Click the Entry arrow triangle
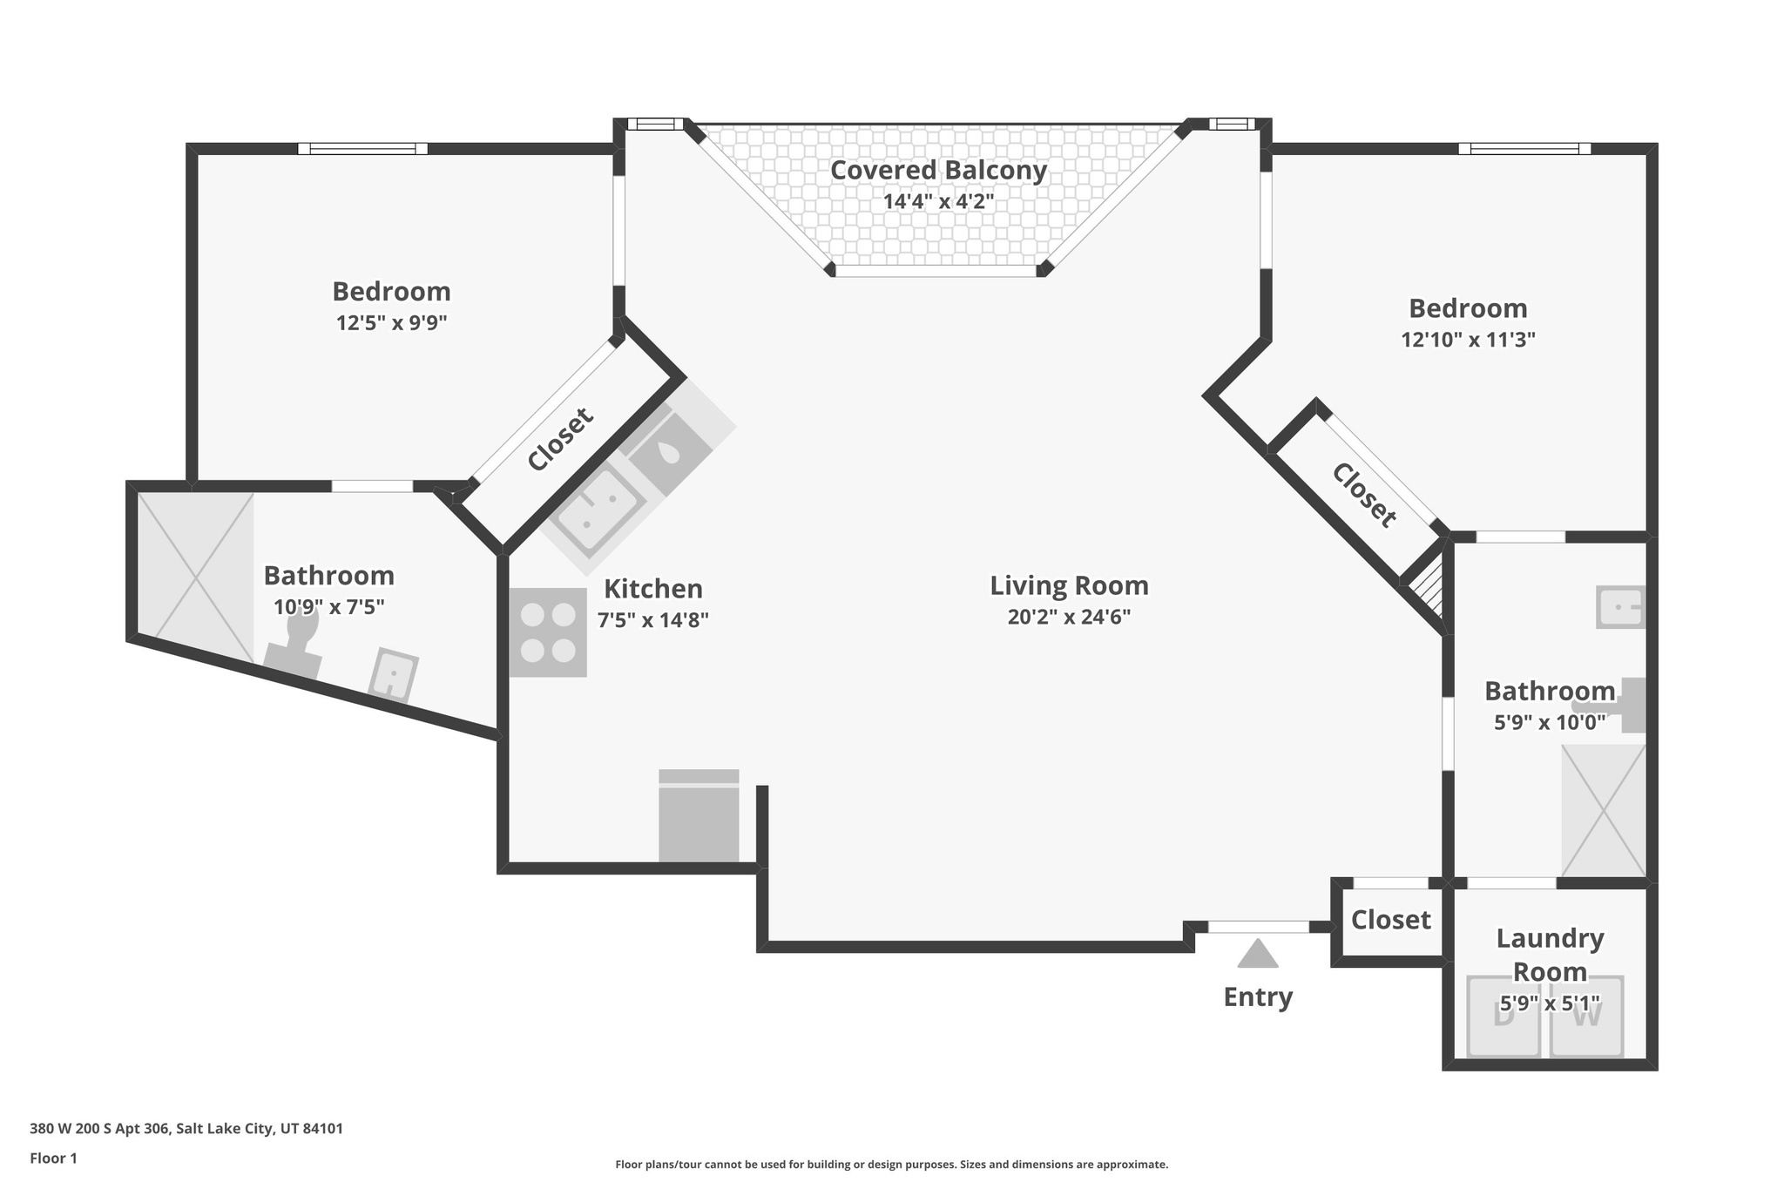click(1258, 955)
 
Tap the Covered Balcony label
click(938, 170)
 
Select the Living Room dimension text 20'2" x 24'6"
click(1069, 618)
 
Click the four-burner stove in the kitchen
click(548, 632)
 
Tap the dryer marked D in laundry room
click(1504, 1017)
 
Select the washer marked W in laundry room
click(1587, 1017)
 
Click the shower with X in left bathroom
click(196, 577)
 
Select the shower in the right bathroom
click(1604, 810)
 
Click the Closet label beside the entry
click(1390, 920)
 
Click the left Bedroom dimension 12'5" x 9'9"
click(391, 323)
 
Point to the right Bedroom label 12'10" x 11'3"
click(1468, 340)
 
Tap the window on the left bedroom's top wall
click(362, 149)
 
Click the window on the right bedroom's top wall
click(1524, 149)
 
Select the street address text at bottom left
click(186, 1129)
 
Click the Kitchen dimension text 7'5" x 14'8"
click(652, 621)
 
